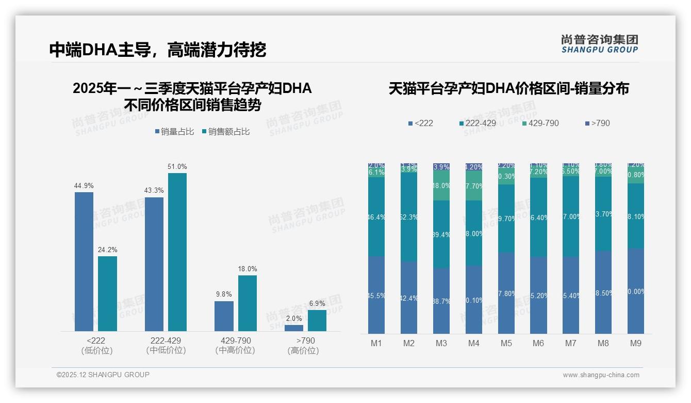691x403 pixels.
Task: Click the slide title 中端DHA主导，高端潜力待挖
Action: [157, 50]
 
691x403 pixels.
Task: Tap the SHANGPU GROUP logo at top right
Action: [599, 44]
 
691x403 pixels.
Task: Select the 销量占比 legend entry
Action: [174, 132]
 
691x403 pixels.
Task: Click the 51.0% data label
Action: [177, 166]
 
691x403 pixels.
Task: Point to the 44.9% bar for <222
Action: [84, 261]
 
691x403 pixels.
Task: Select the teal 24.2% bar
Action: [107, 293]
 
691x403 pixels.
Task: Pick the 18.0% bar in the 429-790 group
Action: [248, 303]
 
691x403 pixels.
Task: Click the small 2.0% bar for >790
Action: [294, 328]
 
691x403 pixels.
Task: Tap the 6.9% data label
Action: [317, 303]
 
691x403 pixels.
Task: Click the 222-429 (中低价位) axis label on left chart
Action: [166, 345]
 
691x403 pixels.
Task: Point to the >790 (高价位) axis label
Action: [305, 345]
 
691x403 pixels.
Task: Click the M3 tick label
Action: [441, 343]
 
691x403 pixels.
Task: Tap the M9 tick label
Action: [636, 343]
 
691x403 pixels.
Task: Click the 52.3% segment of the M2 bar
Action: [409, 217]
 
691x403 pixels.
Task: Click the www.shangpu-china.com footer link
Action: [601, 375]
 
